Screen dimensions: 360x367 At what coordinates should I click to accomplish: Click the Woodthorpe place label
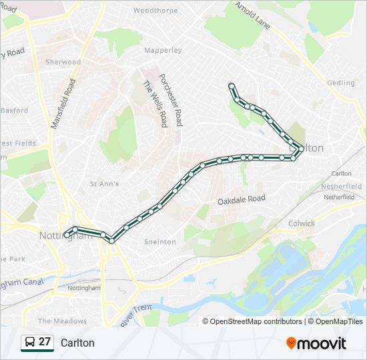click(156, 11)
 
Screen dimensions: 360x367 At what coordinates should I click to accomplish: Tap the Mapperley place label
click(163, 50)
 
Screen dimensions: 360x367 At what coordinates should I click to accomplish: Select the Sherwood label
click(63, 62)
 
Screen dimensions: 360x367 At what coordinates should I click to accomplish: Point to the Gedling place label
click(341, 83)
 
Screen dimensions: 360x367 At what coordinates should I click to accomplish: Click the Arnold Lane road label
click(252, 15)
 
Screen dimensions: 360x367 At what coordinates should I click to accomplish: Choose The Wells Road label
click(155, 104)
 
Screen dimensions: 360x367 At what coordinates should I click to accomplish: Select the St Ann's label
click(104, 183)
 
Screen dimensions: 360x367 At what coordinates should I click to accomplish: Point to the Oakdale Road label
click(242, 199)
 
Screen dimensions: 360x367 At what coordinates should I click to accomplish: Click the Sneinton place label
click(160, 242)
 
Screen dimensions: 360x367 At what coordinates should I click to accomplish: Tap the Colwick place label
click(302, 223)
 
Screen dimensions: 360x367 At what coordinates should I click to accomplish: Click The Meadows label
click(62, 321)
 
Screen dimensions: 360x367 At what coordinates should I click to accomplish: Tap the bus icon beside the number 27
click(29, 343)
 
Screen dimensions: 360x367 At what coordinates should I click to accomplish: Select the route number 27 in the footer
click(45, 343)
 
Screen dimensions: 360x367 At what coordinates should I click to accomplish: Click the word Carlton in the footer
click(77, 343)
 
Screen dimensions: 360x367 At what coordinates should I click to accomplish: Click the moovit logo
click(316, 343)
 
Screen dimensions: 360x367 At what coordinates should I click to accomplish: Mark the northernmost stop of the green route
click(232, 85)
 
